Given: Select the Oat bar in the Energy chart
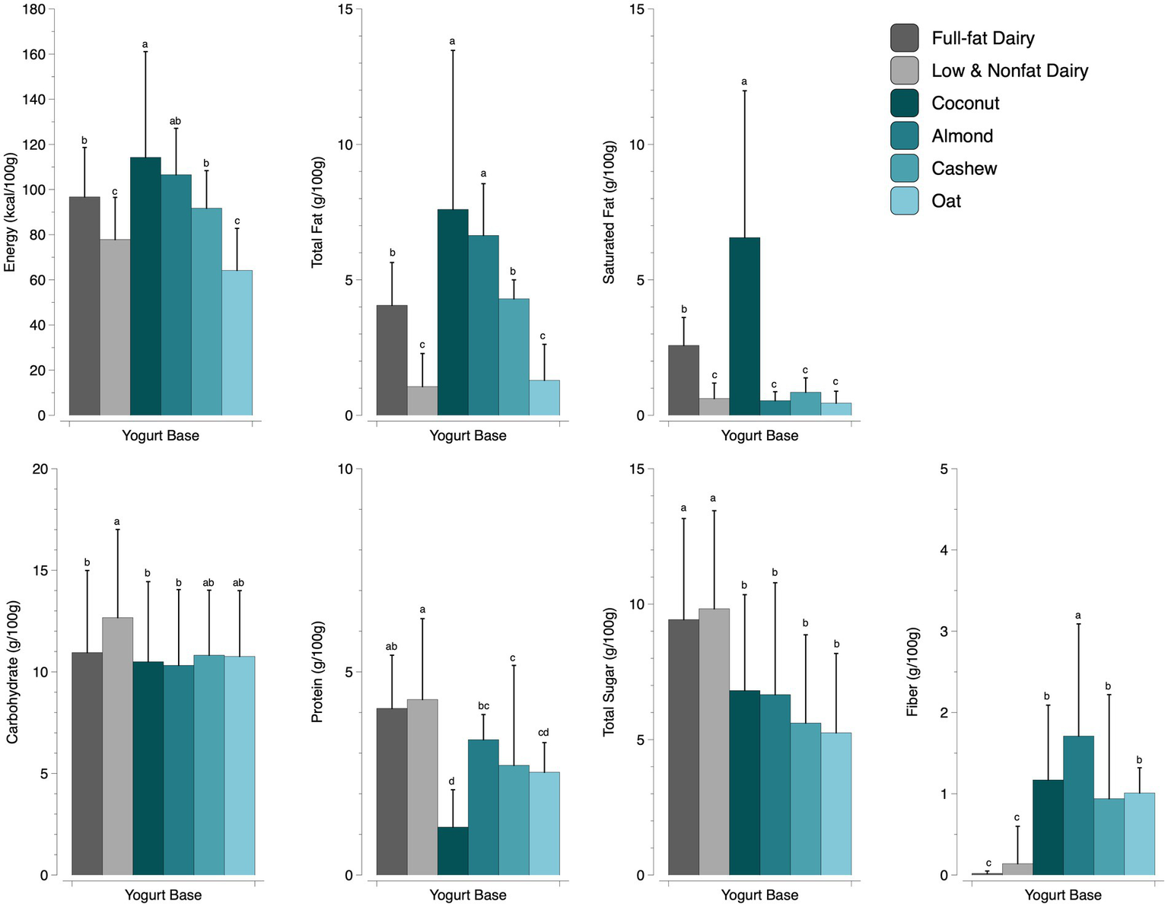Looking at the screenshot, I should tap(237, 342).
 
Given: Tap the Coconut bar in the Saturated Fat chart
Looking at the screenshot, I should tap(744, 326).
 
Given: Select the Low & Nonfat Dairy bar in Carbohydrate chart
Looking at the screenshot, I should tap(117, 746).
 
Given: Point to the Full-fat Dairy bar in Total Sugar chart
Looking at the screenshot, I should tap(683, 746).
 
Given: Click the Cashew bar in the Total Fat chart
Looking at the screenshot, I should tap(514, 357).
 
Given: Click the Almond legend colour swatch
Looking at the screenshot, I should tap(905, 136).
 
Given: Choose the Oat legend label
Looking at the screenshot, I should tap(946, 202).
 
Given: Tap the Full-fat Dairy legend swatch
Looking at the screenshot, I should tap(905, 38).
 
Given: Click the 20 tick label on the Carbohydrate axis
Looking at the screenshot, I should tap(40, 469).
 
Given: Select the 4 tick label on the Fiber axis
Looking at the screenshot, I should tap(944, 550).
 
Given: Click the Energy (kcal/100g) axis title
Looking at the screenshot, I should tap(11, 212).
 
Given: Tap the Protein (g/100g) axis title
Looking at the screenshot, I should tap(317, 672).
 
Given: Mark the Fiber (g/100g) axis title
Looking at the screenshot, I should tap(912, 672).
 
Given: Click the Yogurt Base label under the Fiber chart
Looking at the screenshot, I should tap(1062, 896).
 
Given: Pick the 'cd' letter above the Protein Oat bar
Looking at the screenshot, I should tap(543, 733).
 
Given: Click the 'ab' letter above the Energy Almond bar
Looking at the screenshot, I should tap(175, 121).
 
